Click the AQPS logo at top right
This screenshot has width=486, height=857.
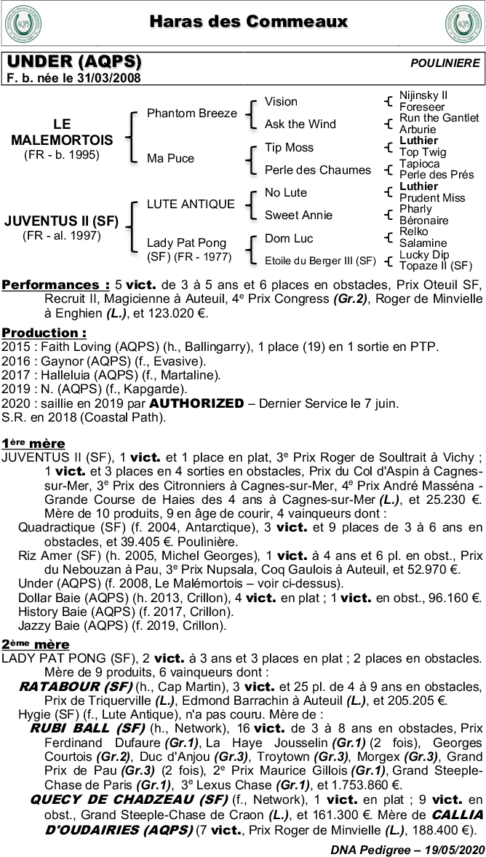(462, 25)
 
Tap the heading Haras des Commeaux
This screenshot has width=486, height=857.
(249, 22)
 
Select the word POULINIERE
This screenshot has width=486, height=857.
(445, 63)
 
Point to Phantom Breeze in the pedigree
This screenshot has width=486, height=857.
(191, 113)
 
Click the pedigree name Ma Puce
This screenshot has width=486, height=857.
(170, 158)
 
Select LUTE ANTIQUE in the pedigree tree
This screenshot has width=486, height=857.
(191, 204)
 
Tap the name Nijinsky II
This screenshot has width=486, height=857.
(423, 95)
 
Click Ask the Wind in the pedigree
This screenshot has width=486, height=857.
(300, 124)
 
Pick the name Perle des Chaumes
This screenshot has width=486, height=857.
(317, 170)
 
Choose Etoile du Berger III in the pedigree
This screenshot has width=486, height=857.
(320, 261)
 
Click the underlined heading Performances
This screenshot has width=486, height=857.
(55, 285)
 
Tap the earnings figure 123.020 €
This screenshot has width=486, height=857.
(178, 314)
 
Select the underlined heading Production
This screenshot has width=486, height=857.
(44, 333)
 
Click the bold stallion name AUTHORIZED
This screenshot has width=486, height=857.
(196, 403)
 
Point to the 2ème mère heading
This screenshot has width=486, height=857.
(35, 644)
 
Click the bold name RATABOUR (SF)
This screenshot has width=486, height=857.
(76, 687)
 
